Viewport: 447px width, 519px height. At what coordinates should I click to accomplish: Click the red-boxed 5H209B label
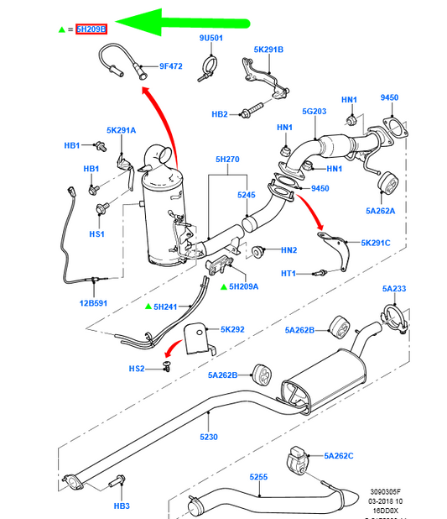[x=91, y=29]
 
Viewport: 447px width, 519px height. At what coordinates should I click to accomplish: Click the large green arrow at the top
[x=180, y=24]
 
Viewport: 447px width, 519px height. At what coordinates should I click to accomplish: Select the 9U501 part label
[x=211, y=39]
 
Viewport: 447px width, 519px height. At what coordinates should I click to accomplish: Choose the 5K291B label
[x=269, y=50]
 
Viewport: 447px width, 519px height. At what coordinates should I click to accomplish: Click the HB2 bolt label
[x=220, y=113]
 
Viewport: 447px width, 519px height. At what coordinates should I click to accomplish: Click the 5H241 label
[x=167, y=307]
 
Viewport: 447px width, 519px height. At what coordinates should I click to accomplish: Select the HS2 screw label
[x=137, y=368]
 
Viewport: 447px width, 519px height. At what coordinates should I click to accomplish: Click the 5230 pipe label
[x=209, y=437]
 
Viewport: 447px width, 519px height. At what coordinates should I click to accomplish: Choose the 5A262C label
[x=339, y=455]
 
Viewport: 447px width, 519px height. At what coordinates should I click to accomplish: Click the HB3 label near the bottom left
[x=122, y=506]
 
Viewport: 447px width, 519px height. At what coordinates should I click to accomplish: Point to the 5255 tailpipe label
[x=258, y=477]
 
